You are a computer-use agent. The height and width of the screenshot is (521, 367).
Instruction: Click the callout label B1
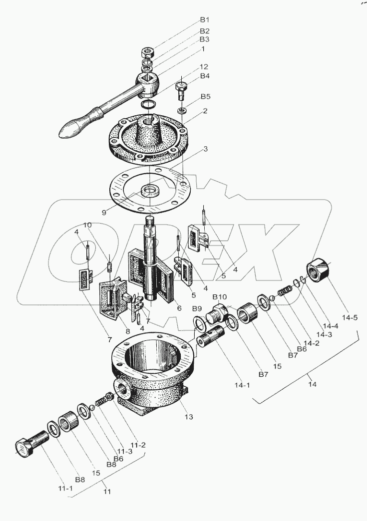[204, 20]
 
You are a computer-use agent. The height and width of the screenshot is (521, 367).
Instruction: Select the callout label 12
[204, 66]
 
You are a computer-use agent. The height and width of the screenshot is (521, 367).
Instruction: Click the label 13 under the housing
[188, 416]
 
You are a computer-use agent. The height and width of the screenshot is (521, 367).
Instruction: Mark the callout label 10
[87, 225]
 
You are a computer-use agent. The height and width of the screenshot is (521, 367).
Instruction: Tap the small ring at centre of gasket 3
[149, 190]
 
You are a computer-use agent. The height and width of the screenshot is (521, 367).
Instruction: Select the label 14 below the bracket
[312, 385]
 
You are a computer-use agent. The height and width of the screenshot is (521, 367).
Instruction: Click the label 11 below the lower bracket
[106, 491]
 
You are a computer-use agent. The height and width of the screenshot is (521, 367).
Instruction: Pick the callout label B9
[197, 308]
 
